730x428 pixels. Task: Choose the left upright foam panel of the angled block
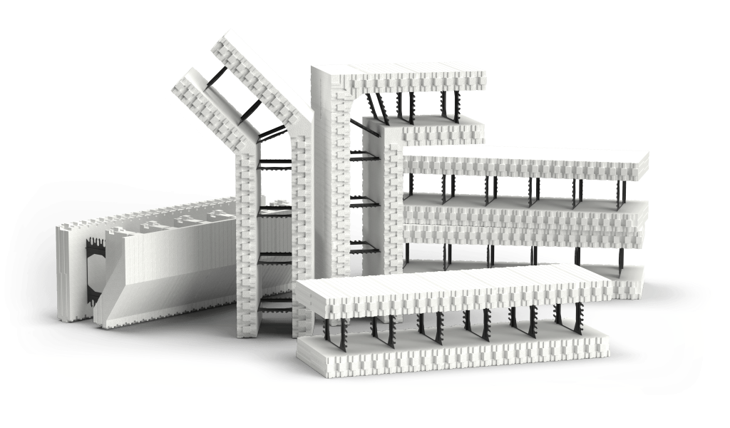pos(247,250)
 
